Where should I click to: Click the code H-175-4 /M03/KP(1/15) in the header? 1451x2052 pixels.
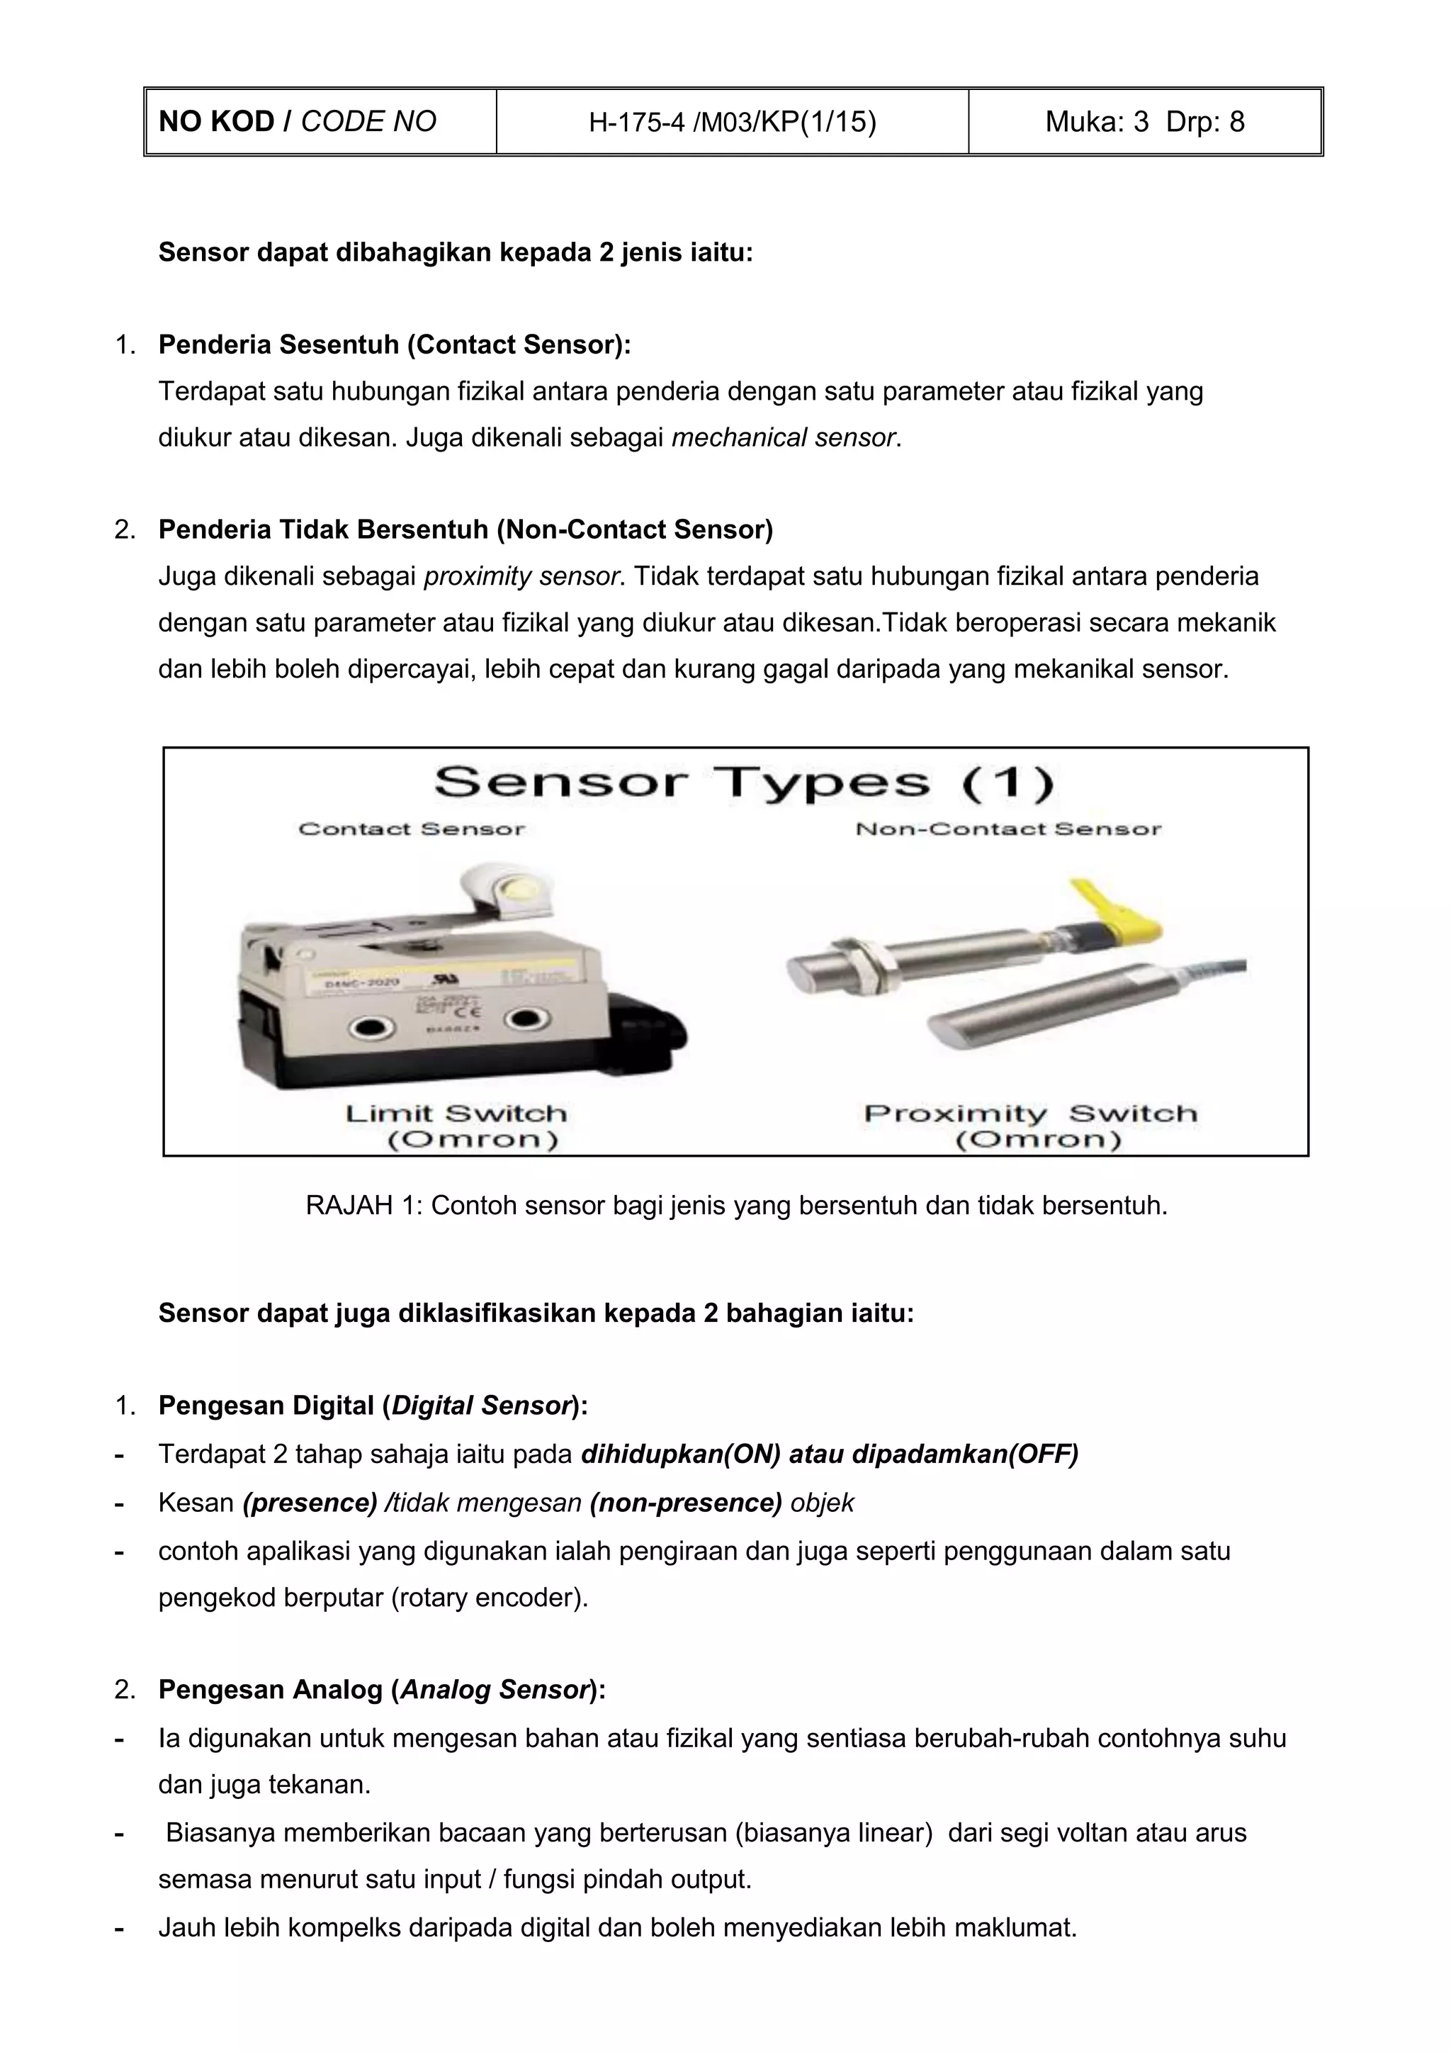click(732, 121)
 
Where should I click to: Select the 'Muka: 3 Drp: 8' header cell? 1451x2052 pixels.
click(1144, 121)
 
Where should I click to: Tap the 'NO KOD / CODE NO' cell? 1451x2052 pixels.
click(298, 121)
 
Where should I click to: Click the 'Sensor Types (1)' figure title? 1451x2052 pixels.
click(743, 783)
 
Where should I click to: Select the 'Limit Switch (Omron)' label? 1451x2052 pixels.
click(456, 1126)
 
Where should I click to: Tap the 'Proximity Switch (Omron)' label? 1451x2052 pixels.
click(1030, 1126)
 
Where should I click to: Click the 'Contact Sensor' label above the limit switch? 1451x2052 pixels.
click(412, 829)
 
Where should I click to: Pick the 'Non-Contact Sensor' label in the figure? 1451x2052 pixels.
click(1008, 829)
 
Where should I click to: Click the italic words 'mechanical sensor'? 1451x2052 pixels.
click(784, 438)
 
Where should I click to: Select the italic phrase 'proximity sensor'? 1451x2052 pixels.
click(521, 576)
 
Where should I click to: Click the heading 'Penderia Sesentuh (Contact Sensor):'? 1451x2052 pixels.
click(394, 345)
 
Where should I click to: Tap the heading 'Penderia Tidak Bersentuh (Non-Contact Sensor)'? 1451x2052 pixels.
click(465, 530)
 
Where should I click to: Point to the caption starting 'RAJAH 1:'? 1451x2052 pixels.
click(736, 1206)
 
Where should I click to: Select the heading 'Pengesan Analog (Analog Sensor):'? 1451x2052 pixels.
click(381, 1690)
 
